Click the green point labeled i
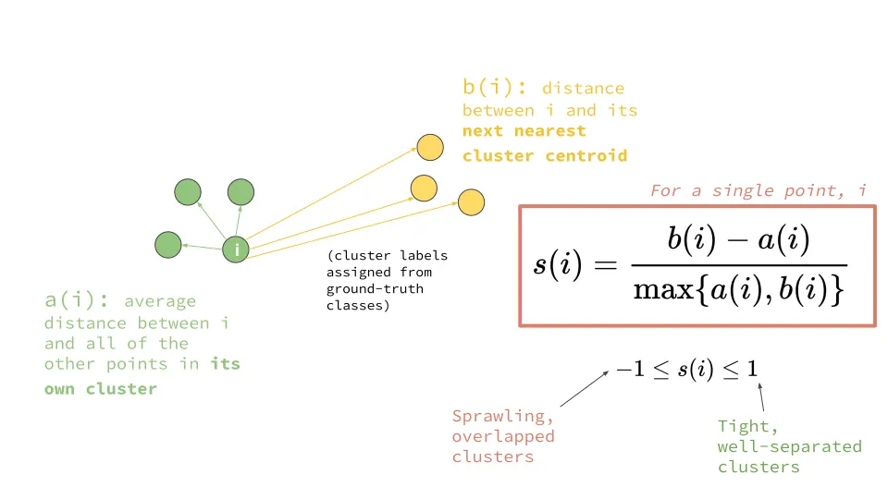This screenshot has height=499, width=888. tap(238, 249)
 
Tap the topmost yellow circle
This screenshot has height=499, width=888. tap(429, 147)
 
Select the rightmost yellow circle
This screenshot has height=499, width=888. tap(471, 202)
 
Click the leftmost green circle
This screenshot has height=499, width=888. tap(168, 245)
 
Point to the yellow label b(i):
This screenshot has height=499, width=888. tap(495, 89)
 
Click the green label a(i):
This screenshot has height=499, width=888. tap(79, 300)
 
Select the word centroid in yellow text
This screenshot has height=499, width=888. tap(585, 155)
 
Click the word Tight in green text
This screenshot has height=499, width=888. tap(743, 426)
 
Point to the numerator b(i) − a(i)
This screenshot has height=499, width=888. tap(738, 241)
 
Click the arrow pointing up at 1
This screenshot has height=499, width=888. tap(761, 398)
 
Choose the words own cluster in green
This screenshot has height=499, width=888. tap(101, 389)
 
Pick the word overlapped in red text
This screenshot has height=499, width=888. tap(503, 436)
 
